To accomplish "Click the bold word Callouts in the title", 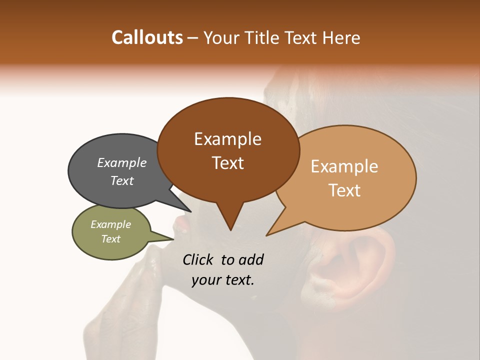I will pyautogui.click(x=147, y=37).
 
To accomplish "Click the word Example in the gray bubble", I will pyautogui.click(x=122, y=162).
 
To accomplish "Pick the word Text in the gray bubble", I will pyautogui.click(x=122, y=180).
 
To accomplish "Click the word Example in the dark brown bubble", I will pyautogui.click(x=227, y=139).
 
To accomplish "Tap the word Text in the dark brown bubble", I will pyautogui.click(x=228, y=162).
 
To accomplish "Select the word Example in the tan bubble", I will pyautogui.click(x=344, y=166).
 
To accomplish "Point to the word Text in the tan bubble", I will pyautogui.click(x=345, y=190).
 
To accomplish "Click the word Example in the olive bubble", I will pyautogui.click(x=111, y=224).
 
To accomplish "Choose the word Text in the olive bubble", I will pyautogui.click(x=111, y=239).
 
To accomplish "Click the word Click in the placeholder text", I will pyautogui.click(x=199, y=259).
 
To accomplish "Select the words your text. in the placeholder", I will pyautogui.click(x=223, y=280).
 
